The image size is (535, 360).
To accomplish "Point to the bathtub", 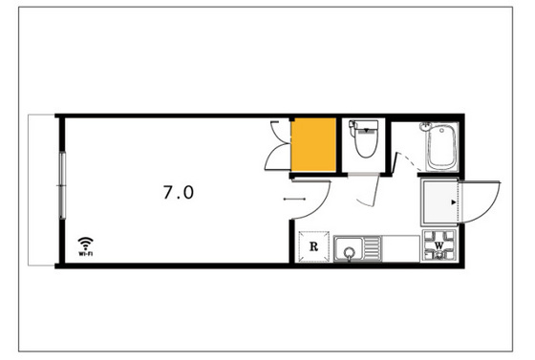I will click(440, 148).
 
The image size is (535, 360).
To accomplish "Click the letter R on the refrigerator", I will click(313, 247).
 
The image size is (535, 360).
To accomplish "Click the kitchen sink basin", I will click(352, 250).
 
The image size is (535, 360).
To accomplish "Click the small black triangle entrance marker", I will click(454, 201).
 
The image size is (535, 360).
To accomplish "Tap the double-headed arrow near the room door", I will click(294, 200).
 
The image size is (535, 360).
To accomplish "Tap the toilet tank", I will click(364, 125).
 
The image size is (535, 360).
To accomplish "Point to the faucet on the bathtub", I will click(426, 127).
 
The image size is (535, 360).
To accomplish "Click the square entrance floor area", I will click(439, 201).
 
